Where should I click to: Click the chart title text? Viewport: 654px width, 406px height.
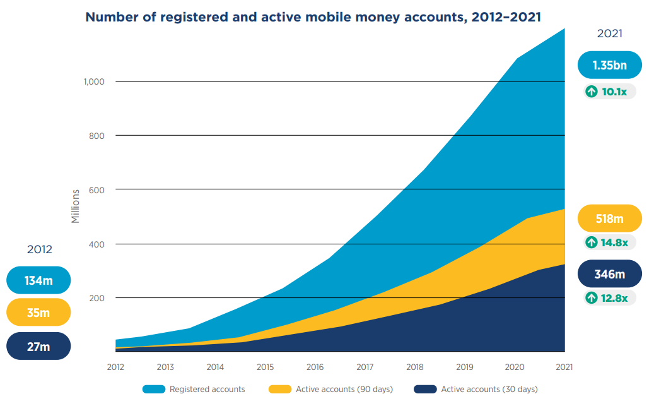coord(313,17)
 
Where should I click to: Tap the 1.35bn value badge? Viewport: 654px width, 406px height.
coord(609,65)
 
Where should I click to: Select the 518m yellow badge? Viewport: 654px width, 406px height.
coord(609,218)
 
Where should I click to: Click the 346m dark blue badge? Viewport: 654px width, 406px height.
coord(609,274)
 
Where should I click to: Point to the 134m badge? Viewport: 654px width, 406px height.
coord(38,280)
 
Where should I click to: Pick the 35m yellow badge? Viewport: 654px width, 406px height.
coord(38,313)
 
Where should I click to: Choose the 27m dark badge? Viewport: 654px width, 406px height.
coord(38,346)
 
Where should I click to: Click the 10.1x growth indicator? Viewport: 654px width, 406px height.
coord(609,92)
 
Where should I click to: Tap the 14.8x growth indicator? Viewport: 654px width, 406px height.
coord(609,242)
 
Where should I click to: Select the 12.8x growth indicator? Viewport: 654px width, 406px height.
coord(609,297)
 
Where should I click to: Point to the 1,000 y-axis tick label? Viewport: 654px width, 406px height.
coord(93,81)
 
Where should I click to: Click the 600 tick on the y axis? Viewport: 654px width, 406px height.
coord(96,189)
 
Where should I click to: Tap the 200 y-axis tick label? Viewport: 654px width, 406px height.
coord(96,297)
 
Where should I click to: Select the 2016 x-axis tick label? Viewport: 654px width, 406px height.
coord(315,367)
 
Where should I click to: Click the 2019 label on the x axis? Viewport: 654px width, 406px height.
coord(465,367)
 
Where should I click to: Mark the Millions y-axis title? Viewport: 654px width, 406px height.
coord(76,206)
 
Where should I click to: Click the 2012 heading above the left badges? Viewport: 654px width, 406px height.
coord(39,249)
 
